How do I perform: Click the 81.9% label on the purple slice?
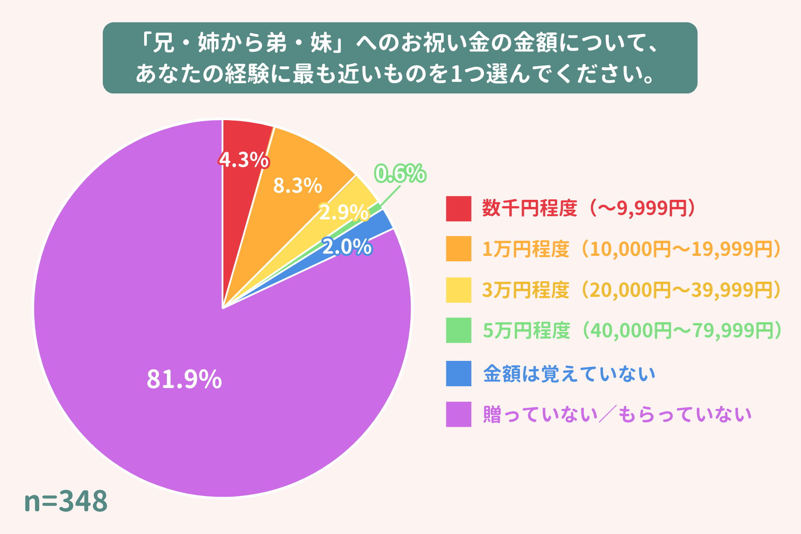(184, 379)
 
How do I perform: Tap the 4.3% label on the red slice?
(244, 160)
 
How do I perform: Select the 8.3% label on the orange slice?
(297, 186)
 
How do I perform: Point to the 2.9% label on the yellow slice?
(344, 213)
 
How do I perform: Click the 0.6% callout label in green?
(400, 173)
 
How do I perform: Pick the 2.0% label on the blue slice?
(347, 247)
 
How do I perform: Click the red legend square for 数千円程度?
(458, 208)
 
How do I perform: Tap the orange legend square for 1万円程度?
(458, 248)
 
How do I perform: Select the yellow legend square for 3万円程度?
(458, 290)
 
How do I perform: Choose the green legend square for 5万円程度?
(458, 330)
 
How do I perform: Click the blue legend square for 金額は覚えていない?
(458, 373)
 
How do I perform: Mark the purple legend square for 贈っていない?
(458, 414)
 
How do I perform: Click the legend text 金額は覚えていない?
(569, 373)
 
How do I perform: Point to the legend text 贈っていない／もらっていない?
(617, 414)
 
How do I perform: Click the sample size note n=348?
(65, 501)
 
